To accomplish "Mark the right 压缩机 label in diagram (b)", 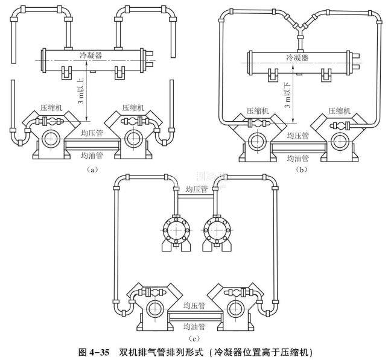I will (340, 111).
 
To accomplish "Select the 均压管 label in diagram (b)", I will (297, 136).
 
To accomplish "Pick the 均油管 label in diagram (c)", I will (194, 326).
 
